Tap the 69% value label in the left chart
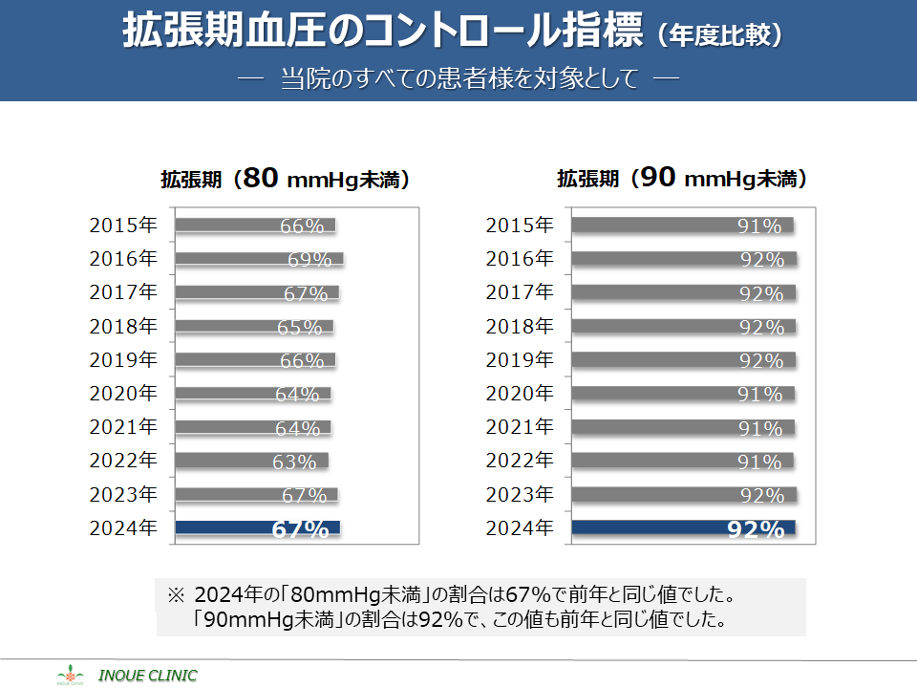(x=309, y=260)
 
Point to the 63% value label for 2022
(x=294, y=462)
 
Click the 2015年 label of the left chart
(x=123, y=226)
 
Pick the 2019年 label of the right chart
(x=520, y=360)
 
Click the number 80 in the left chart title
(x=262, y=178)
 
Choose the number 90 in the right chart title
(x=659, y=178)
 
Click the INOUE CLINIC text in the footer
(x=148, y=676)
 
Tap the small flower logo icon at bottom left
(x=71, y=675)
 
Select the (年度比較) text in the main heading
(x=720, y=35)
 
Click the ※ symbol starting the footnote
(x=175, y=594)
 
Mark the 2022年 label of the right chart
(x=520, y=461)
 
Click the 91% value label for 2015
(x=760, y=226)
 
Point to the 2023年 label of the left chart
(x=123, y=494)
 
